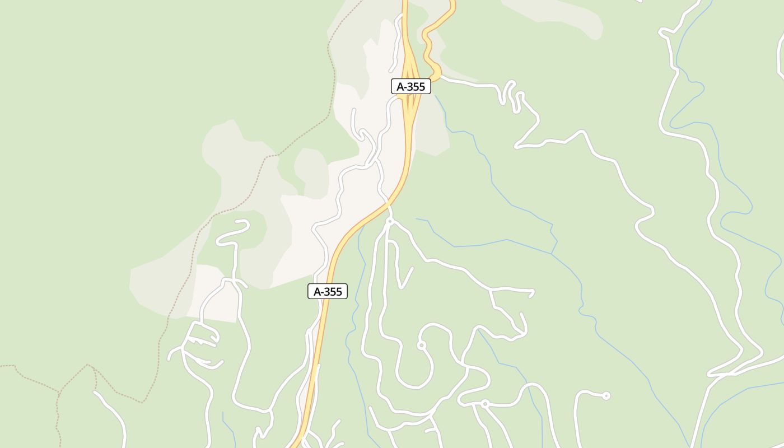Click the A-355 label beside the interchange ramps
coord(410,86)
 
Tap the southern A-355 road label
coord(328,291)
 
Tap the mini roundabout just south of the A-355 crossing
coord(390,222)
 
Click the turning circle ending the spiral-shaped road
coord(422,345)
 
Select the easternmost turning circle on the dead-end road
coord(606,396)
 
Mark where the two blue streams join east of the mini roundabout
coord(552,254)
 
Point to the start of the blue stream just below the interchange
coord(436,96)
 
